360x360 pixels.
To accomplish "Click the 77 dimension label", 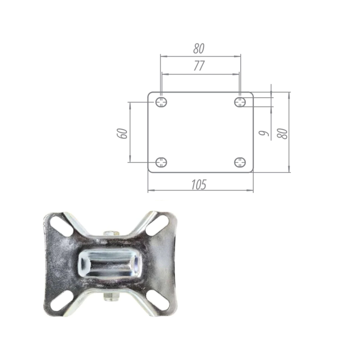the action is (199, 66).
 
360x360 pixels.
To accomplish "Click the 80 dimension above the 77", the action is (199, 49).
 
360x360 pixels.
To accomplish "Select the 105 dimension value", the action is (199, 185).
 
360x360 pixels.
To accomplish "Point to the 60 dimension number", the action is (123, 133).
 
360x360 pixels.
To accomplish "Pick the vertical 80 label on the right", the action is (282, 133).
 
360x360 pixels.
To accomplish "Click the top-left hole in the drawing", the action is (161, 102).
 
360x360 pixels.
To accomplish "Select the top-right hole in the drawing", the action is (240, 102).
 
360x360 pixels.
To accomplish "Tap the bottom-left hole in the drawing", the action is (161, 162).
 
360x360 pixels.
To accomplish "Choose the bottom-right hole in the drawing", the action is (240, 162).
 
